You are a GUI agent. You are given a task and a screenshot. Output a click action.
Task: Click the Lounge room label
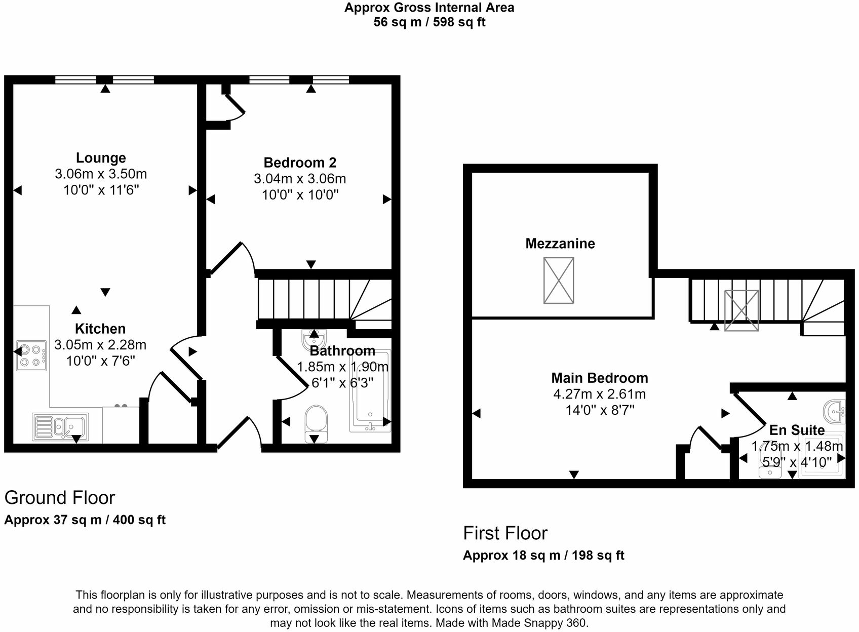(x=101, y=158)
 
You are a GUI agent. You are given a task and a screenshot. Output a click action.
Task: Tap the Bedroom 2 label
(x=300, y=163)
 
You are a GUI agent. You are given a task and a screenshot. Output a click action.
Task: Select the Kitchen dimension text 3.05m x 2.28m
(x=100, y=345)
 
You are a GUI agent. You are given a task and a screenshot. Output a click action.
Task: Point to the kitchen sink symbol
(x=60, y=426)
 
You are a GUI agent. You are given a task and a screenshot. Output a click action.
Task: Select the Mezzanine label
(x=560, y=244)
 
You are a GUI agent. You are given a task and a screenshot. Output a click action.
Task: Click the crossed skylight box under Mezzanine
(x=558, y=281)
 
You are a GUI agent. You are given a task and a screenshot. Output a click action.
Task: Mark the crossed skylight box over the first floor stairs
(x=741, y=310)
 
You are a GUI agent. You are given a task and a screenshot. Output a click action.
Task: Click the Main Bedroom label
(x=599, y=378)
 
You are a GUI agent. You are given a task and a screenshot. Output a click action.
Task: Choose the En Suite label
(x=797, y=430)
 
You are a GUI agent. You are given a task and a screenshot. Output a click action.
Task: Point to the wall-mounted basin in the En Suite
(x=834, y=411)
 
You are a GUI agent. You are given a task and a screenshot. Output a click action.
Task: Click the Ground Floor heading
(x=60, y=498)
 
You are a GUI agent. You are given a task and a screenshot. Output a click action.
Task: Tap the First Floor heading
(x=505, y=533)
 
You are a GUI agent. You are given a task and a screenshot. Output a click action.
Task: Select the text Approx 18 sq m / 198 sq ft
(x=543, y=556)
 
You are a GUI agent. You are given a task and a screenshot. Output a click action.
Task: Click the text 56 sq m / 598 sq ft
(x=429, y=22)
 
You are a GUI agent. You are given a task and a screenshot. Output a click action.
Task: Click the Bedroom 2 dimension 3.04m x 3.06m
(x=300, y=179)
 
